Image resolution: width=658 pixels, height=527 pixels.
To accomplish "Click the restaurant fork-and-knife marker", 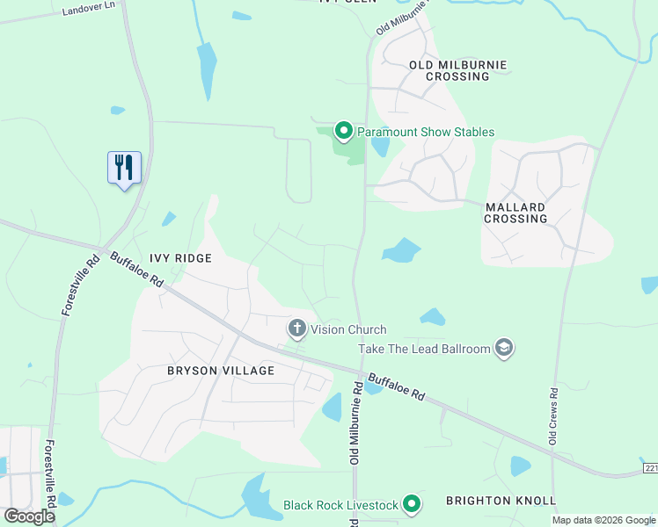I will [124, 167].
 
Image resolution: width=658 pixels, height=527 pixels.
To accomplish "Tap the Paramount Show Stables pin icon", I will [343, 132].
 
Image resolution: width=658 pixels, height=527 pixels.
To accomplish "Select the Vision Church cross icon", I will [297, 329].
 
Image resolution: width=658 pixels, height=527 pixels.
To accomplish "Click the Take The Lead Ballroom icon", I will [504, 349].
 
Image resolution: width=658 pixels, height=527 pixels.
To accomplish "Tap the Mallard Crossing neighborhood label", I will [515, 213].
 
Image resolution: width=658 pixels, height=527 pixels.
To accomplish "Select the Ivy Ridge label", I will [180, 258].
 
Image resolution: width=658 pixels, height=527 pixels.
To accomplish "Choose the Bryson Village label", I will [221, 371].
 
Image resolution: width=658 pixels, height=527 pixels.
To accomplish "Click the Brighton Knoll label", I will [501, 501].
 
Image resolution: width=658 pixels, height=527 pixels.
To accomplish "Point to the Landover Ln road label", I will [89, 9].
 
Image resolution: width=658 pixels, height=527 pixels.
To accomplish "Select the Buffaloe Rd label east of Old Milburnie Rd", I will [396, 387].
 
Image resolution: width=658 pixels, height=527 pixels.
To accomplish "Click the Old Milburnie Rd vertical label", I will [355, 422].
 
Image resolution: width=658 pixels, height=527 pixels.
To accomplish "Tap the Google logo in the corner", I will [29, 516].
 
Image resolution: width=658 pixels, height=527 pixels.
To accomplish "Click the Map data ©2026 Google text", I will [603, 520].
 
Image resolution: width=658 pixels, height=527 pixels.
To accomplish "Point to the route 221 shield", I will [650, 468].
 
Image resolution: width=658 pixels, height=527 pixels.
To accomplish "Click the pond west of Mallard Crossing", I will [400, 251].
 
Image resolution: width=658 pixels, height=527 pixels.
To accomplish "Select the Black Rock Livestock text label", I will [341, 505].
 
